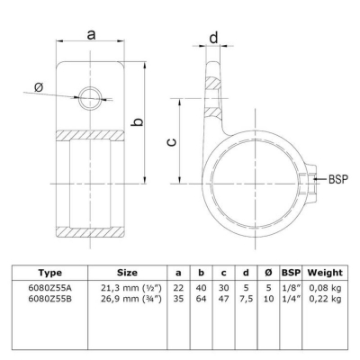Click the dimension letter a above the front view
[x=91, y=35]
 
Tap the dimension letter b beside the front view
[x=138, y=121]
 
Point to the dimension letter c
[x=171, y=142]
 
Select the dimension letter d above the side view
[x=213, y=38]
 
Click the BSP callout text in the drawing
[x=338, y=179]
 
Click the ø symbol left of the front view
[x=39, y=87]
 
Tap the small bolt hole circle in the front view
[x=90, y=98]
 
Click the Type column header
[x=49, y=273]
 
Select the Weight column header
[x=325, y=273]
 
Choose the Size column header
[x=127, y=273]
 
